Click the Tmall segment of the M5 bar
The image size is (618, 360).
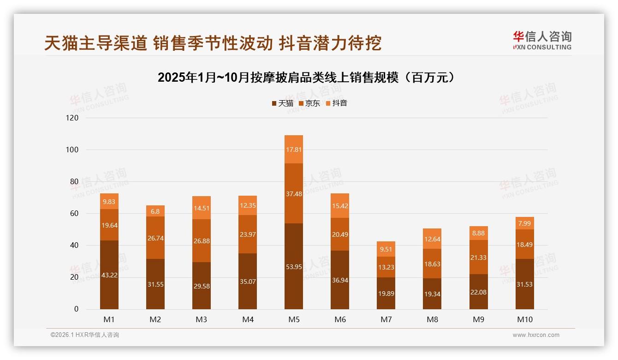(x=294, y=266)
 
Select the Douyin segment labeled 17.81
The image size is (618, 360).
(x=294, y=150)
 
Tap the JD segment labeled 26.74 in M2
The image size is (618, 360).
(x=155, y=238)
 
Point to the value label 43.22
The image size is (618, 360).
(x=109, y=275)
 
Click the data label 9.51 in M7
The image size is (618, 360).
(x=386, y=249)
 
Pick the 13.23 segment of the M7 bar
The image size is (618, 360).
(x=386, y=267)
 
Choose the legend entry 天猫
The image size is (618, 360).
(x=282, y=103)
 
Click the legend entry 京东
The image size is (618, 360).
(x=309, y=103)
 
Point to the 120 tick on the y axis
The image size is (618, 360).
(x=73, y=118)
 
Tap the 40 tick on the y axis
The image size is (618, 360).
(x=74, y=246)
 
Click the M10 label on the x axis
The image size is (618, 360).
(x=524, y=319)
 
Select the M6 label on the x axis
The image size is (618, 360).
(x=340, y=319)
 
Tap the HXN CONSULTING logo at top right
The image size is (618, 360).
(x=542, y=41)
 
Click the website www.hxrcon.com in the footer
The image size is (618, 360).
(x=536, y=335)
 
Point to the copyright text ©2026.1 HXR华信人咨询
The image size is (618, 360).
(x=85, y=335)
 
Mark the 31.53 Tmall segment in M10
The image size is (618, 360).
(x=524, y=284)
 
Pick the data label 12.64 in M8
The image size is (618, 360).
(x=432, y=239)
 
